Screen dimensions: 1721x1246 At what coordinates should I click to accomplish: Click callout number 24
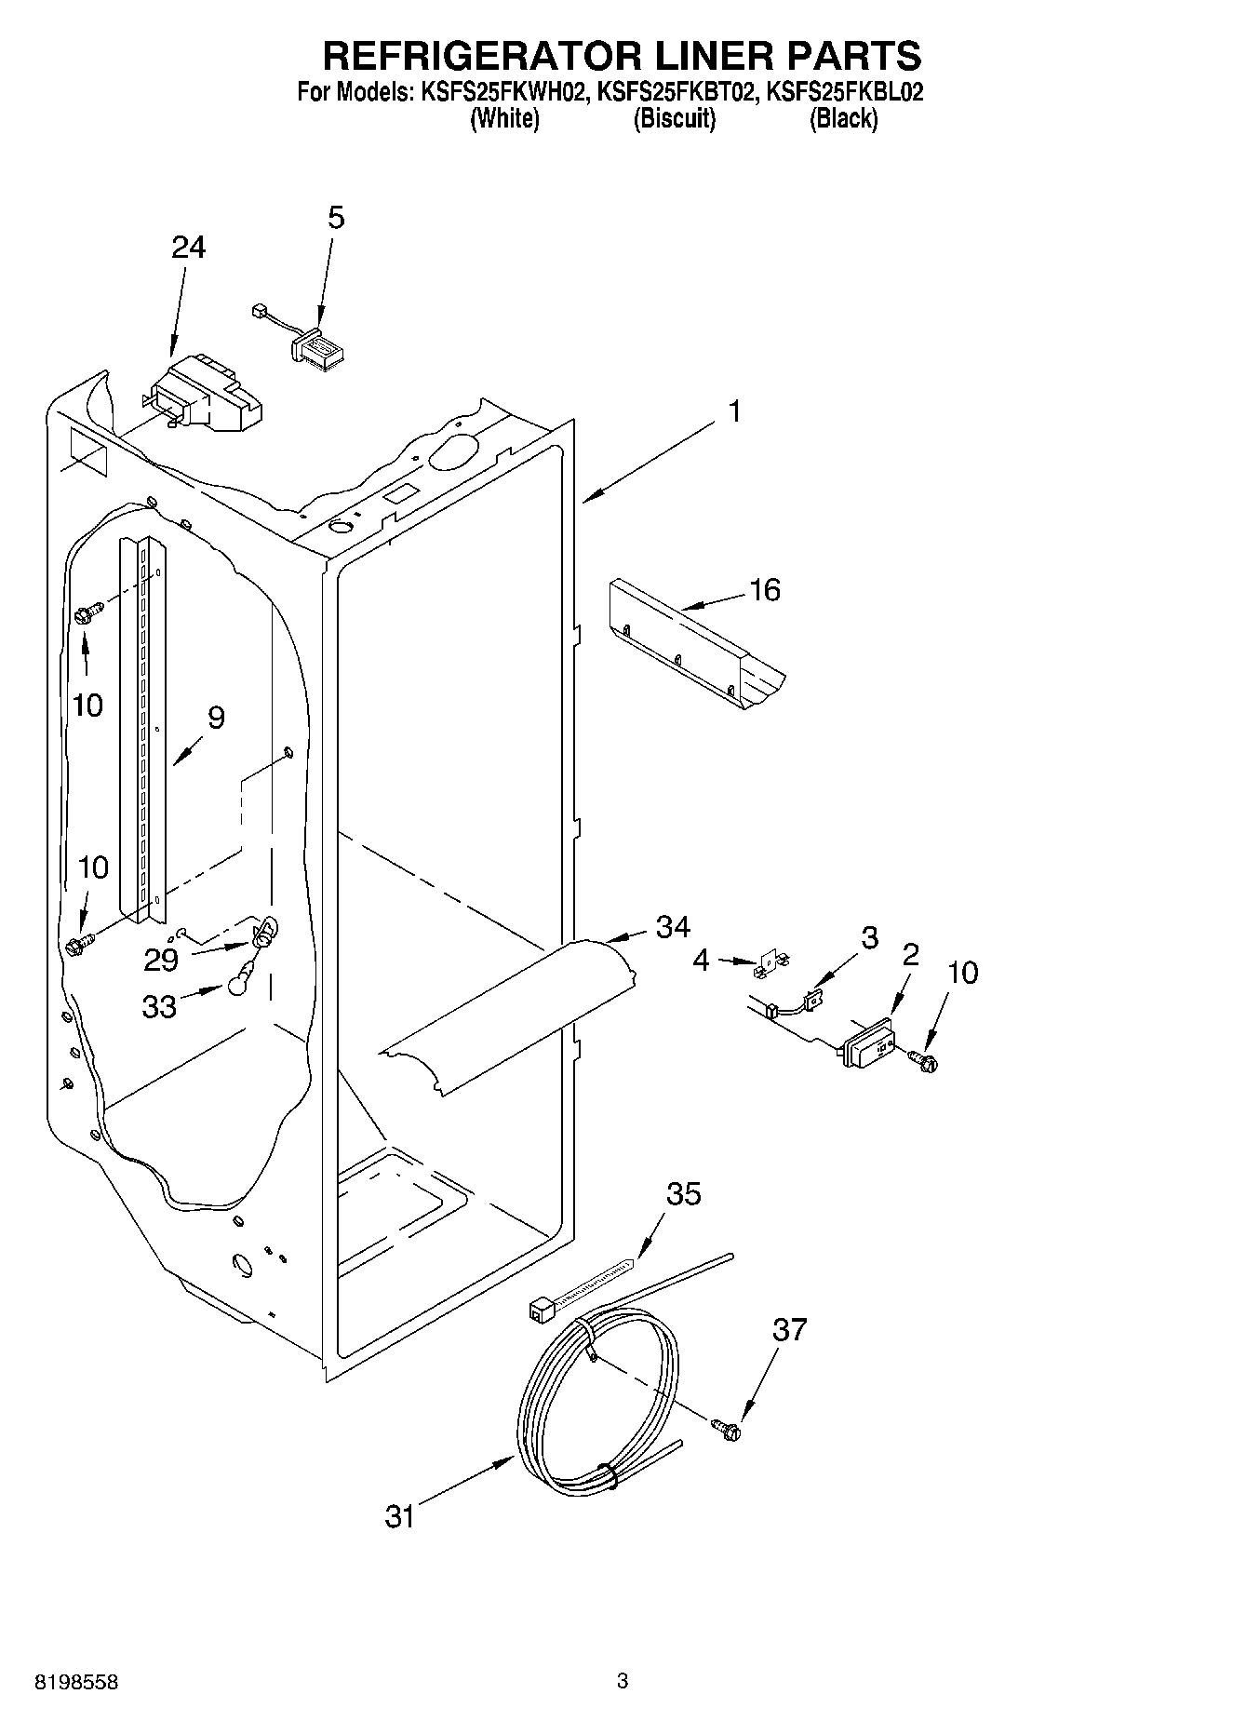point(189,248)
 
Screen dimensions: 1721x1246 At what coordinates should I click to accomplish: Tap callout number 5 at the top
point(336,218)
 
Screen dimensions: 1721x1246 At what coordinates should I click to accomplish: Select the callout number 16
point(765,590)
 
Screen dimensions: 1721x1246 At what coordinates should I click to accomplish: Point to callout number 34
point(673,926)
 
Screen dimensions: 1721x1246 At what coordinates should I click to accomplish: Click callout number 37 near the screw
point(789,1330)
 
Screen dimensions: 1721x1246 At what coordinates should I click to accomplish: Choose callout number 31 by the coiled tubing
point(399,1516)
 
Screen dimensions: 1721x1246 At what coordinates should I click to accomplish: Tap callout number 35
point(684,1194)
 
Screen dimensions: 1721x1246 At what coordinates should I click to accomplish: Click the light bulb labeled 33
point(238,977)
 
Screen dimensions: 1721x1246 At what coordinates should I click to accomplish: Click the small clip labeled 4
point(768,966)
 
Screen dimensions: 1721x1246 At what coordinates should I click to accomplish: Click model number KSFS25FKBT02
point(675,92)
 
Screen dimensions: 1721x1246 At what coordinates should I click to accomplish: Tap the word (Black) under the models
point(843,119)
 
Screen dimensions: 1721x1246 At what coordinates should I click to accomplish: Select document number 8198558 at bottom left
point(76,1682)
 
